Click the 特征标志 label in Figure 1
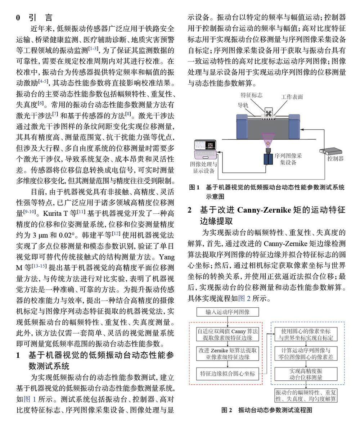tap(251, 95)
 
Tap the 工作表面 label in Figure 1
tap(292, 97)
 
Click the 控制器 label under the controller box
tap(336, 159)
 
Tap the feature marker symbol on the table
tap(269, 113)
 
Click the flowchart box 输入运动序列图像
tap(228, 312)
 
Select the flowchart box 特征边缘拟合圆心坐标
tap(228, 374)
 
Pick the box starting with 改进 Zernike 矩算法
tap(228, 353)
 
